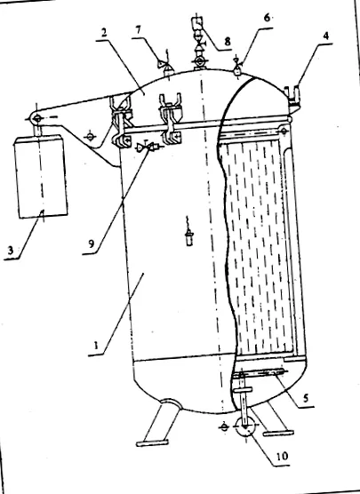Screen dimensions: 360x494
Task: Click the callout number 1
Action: pos(96,345)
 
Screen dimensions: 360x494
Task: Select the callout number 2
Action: pos(103,34)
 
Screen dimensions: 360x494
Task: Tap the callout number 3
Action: pos(11,251)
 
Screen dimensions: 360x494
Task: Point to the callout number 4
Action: pos(325,36)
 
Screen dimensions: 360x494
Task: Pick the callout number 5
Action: pos(305,398)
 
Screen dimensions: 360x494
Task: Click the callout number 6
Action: pos(267,18)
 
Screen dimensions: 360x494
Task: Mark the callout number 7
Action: pos(138,29)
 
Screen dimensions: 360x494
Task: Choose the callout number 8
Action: pos(227,41)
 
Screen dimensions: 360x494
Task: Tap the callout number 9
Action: pos(91,244)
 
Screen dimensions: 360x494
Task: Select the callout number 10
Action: pos(282,456)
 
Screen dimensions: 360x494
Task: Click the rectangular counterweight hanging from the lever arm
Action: pos(40,177)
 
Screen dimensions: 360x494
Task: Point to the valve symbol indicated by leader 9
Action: pos(148,147)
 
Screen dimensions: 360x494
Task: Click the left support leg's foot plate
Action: pos(152,442)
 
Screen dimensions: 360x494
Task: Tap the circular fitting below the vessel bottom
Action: pos(245,426)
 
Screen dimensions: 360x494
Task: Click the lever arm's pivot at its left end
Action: pos(36,118)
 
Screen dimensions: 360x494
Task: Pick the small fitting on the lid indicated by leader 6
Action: pos(237,67)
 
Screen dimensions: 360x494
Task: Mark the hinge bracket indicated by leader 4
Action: pos(292,96)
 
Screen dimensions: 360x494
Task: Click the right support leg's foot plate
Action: pos(279,434)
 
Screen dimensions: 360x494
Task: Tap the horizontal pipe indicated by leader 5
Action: pos(259,373)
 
